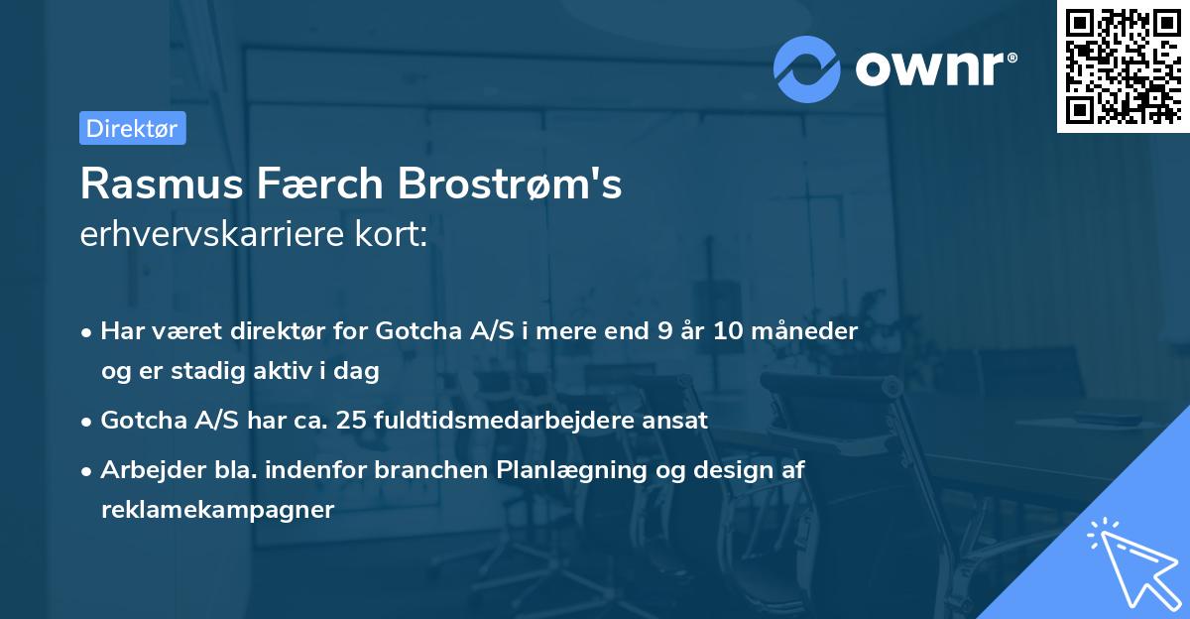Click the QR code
point(1123,66)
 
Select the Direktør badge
point(132,128)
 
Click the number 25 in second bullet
point(351,420)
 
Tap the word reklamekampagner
point(217,510)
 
